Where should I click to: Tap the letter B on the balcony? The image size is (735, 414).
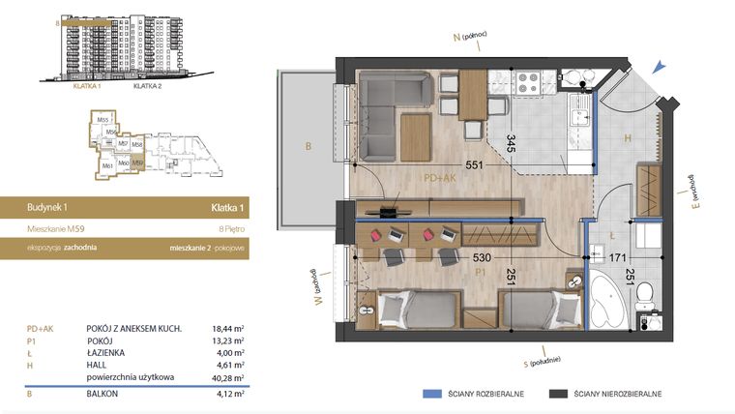[x=307, y=147]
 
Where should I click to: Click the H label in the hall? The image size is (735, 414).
[x=627, y=138]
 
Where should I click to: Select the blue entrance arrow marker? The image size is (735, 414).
[x=659, y=67]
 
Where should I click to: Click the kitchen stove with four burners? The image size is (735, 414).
[x=529, y=84]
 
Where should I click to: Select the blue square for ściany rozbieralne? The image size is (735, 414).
[x=431, y=395]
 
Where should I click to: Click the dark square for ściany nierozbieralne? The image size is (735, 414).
[x=556, y=395]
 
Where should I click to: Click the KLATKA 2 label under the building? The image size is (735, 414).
[x=146, y=85]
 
